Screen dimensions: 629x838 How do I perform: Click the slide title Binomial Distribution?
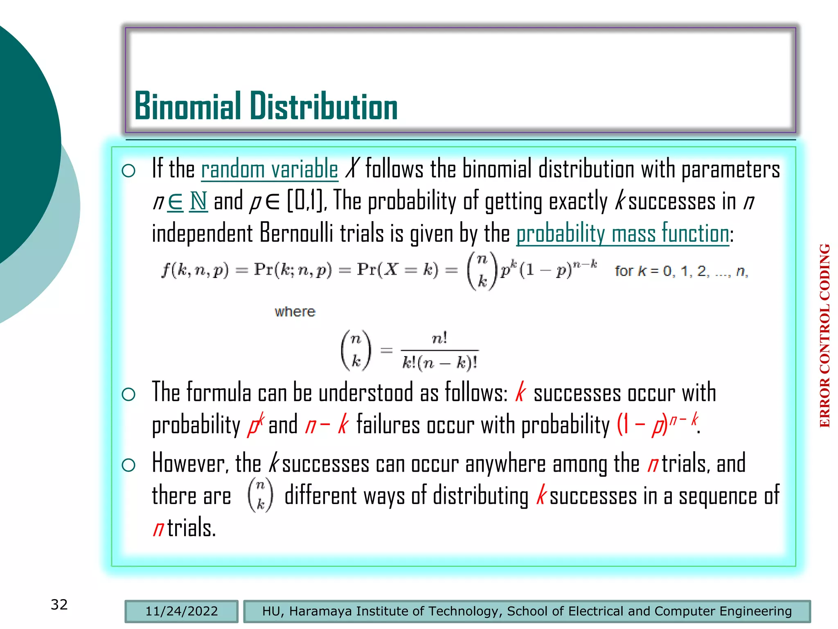[266, 106]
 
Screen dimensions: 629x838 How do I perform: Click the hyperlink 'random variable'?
[269, 170]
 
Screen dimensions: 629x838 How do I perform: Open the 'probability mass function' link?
[622, 234]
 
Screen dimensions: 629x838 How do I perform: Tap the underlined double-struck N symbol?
[198, 201]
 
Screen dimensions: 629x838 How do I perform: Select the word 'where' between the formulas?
[295, 312]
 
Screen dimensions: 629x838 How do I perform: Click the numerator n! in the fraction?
[439, 339]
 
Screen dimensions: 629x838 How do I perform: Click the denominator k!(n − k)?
[440, 363]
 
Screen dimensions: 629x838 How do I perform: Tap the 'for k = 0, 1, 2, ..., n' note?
[681, 271]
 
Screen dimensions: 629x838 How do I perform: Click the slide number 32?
[59, 604]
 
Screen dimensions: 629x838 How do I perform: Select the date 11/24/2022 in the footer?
[181, 611]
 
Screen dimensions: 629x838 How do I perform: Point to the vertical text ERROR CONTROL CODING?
[824, 336]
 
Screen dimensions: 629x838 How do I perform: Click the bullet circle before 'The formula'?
[128, 394]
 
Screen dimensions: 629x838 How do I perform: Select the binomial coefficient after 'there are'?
[260, 496]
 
